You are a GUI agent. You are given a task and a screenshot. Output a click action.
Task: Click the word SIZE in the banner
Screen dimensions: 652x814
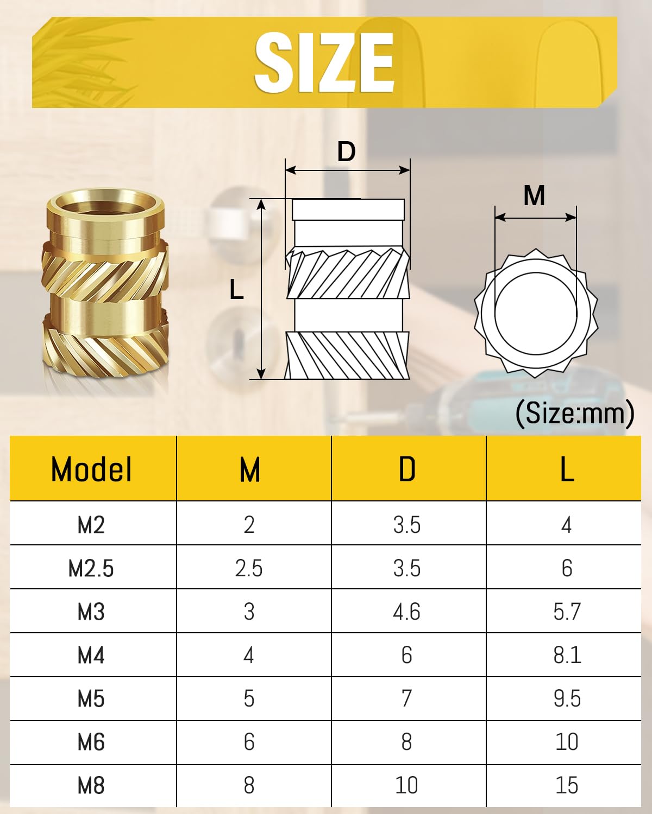tap(324, 62)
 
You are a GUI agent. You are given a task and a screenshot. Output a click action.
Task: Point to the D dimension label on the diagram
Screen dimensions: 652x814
tap(346, 152)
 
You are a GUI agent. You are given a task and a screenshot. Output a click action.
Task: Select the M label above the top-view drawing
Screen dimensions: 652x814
tap(534, 195)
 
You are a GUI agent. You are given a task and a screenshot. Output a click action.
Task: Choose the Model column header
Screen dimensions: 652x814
tap(91, 469)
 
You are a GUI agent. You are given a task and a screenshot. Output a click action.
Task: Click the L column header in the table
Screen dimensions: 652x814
tap(567, 469)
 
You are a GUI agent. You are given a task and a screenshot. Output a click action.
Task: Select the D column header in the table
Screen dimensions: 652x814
tap(407, 469)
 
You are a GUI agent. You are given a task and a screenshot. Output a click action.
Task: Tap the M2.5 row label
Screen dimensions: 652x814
tap(91, 569)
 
